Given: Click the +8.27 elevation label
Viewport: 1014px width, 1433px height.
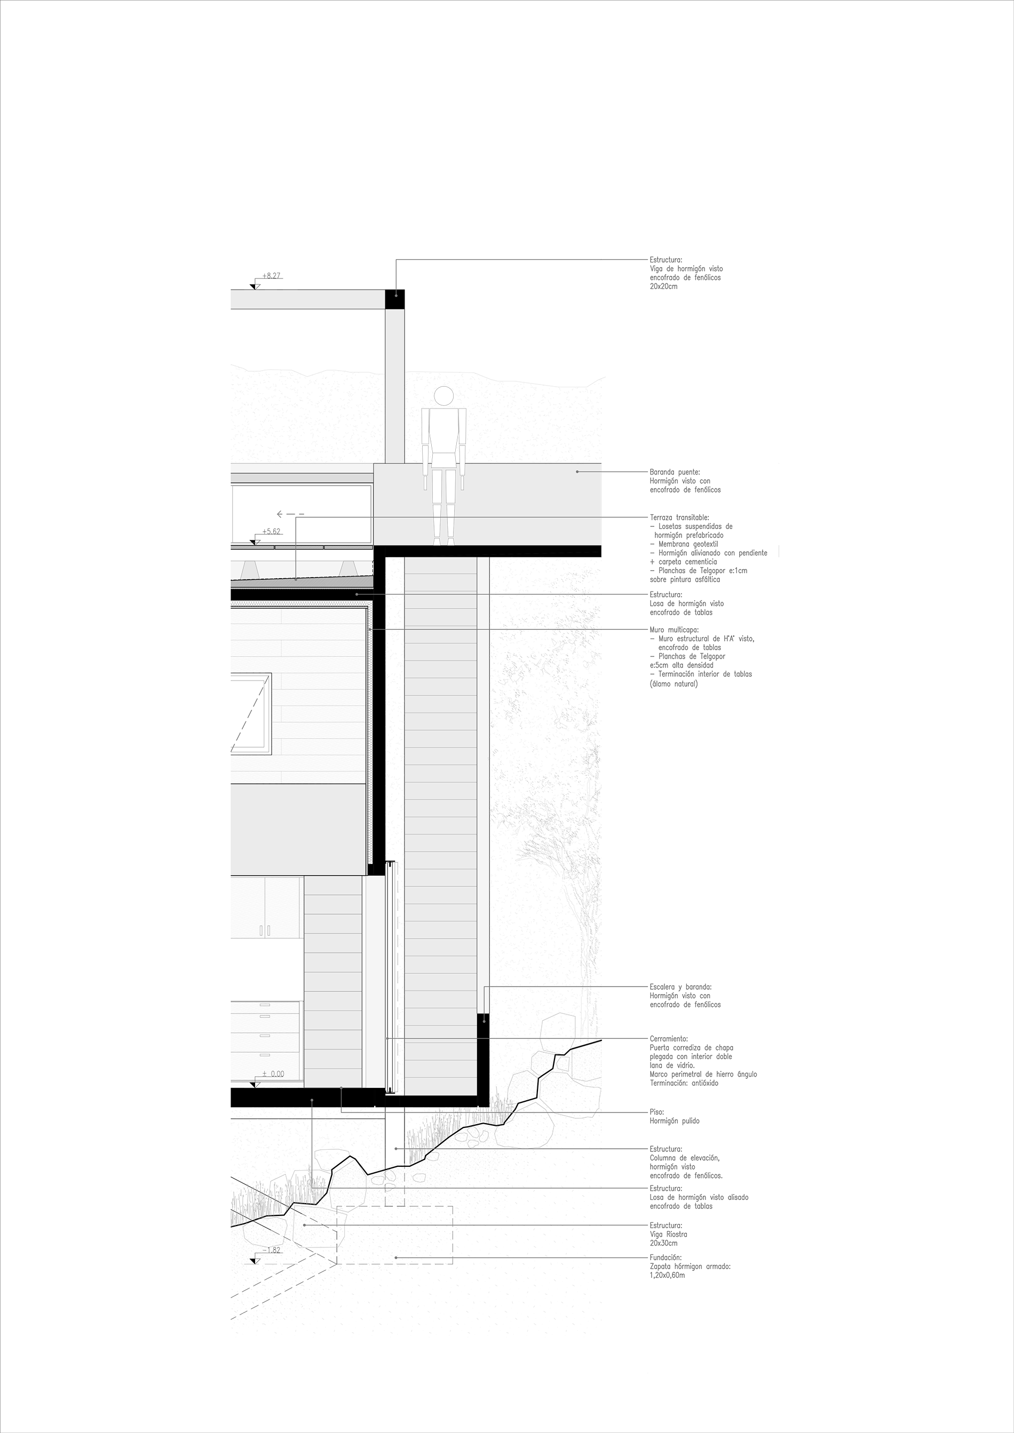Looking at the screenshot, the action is click(x=271, y=275).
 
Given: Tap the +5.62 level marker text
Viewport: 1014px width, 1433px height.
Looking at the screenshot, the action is click(x=271, y=531).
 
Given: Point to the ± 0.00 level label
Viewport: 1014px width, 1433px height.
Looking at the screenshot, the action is click(x=273, y=1074).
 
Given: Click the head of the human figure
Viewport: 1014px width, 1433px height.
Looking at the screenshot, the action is click(x=443, y=396).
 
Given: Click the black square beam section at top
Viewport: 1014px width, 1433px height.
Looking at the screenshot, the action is click(x=394, y=300).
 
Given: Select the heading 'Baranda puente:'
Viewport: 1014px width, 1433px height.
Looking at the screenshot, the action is click(x=675, y=473).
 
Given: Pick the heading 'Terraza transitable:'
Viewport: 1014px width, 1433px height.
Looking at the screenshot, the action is click(x=679, y=517).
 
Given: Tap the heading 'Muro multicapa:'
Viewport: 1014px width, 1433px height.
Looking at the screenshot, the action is click(x=675, y=630).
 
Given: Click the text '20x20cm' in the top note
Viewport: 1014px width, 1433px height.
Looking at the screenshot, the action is click(x=663, y=286).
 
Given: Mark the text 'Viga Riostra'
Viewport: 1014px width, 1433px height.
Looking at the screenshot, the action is click(x=668, y=1234).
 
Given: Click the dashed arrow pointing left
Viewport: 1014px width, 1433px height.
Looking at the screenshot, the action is click(x=291, y=514).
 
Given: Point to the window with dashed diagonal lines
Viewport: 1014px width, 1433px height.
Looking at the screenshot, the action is click(x=250, y=714).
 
